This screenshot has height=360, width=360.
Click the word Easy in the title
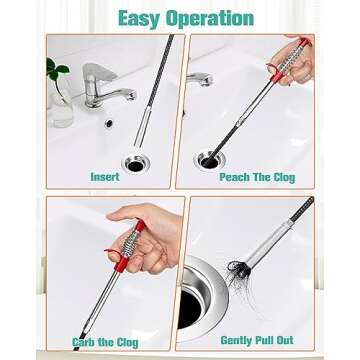141,18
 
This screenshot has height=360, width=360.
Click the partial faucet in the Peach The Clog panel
200,78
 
